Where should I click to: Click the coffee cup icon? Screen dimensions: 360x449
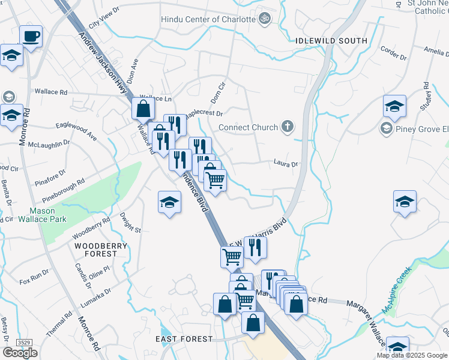tap(31, 37)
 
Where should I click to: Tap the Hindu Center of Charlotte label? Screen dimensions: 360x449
tap(208, 19)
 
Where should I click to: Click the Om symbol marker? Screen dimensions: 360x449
tap(264, 19)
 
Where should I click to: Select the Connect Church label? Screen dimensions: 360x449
tap(248, 127)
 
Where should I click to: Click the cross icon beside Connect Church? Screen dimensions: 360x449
tap(288, 127)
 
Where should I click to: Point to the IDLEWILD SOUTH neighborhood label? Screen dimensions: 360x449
tap(331, 40)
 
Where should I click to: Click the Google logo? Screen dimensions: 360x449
tap(20, 353)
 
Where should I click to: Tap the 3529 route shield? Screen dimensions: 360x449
tap(25, 342)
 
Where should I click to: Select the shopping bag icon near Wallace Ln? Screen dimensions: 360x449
tap(143, 109)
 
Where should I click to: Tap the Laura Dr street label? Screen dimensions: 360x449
tap(286, 163)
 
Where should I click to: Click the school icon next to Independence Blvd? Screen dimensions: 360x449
tap(170, 203)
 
